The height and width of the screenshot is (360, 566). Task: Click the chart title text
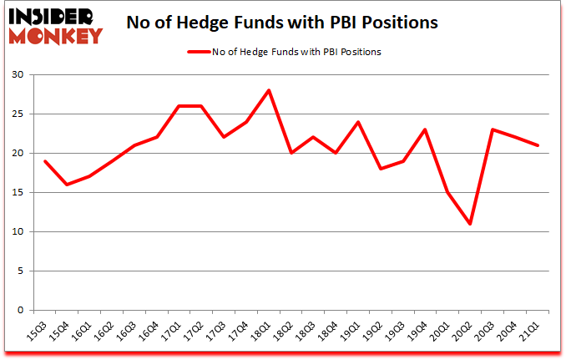(281, 23)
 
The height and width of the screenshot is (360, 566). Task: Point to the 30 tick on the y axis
(17, 75)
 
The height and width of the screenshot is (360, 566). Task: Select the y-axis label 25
(17, 114)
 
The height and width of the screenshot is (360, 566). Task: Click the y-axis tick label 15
(17, 193)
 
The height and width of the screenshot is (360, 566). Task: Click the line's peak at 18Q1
(269, 90)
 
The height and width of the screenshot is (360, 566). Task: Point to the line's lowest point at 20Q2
(471, 224)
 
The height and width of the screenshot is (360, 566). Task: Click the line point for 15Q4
(67, 185)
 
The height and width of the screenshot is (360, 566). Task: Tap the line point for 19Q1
(358, 122)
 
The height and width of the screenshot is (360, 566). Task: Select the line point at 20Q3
(493, 129)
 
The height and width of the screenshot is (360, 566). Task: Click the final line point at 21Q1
(538, 145)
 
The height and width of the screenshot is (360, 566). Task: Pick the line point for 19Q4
(426, 129)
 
